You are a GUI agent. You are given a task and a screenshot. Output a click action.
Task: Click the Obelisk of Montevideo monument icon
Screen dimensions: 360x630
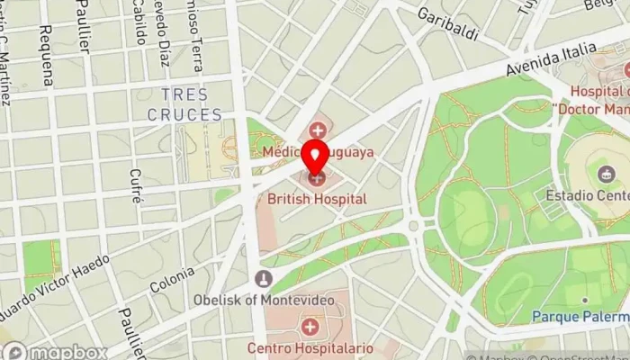pyautogui.click(x=263, y=278)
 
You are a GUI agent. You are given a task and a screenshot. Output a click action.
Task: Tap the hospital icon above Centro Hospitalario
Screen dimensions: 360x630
pyautogui.click(x=310, y=325)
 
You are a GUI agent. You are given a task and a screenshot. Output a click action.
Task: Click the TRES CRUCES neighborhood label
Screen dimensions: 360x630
pyautogui.click(x=184, y=104)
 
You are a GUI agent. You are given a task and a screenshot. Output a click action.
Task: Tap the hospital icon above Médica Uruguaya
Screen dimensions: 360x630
pyautogui.click(x=317, y=132)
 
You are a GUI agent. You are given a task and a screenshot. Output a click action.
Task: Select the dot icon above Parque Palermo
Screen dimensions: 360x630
pyautogui.click(x=584, y=300)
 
